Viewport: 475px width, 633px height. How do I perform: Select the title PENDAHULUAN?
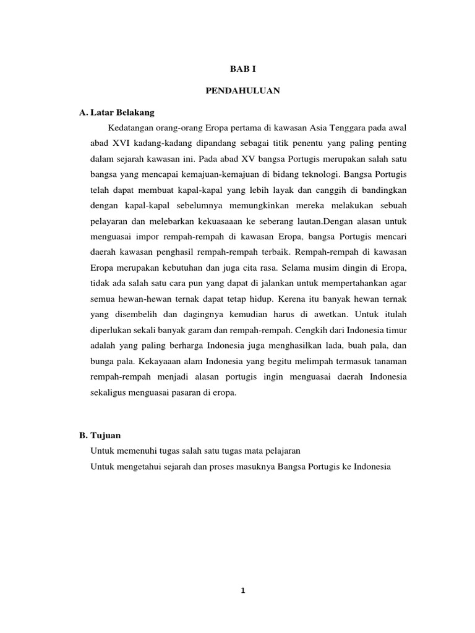click(x=242, y=91)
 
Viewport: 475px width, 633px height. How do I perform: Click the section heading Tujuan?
click(x=106, y=435)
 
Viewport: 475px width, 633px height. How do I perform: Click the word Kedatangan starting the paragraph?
click(x=131, y=127)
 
